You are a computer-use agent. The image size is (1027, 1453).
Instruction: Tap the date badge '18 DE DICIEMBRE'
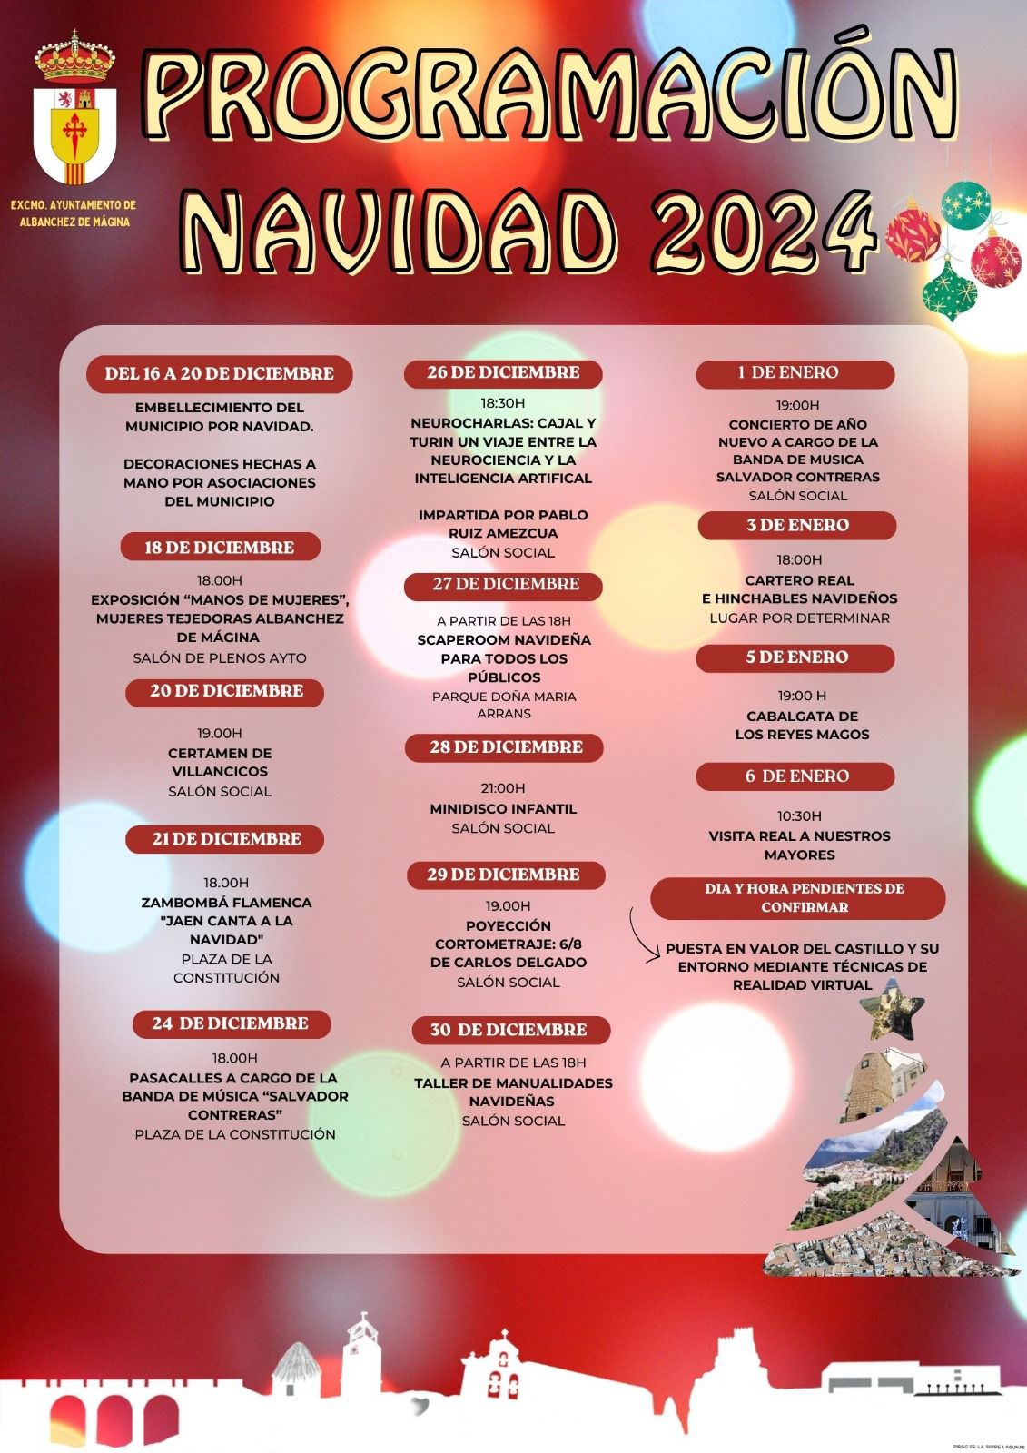(220, 547)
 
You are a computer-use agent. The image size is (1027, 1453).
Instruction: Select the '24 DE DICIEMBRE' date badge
(231, 1023)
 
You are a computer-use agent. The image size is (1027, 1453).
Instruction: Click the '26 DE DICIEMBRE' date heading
(503, 372)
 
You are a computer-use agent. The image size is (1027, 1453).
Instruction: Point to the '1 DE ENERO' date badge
(795, 372)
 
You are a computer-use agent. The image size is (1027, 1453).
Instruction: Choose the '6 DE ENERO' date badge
(795, 776)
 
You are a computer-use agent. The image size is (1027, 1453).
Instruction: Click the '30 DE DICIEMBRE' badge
(509, 1030)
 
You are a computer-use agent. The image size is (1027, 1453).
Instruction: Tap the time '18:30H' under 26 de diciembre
(503, 403)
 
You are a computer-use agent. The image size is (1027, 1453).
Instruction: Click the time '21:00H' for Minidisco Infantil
(503, 788)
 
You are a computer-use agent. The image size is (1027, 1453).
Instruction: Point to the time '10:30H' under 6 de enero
(799, 815)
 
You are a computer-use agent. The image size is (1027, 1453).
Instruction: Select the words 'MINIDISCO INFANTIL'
(503, 808)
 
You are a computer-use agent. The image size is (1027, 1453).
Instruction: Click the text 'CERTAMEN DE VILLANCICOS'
(220, 762)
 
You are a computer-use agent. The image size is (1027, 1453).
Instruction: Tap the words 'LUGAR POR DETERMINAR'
(799, 618)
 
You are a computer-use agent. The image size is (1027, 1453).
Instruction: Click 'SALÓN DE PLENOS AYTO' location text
(220, 657)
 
